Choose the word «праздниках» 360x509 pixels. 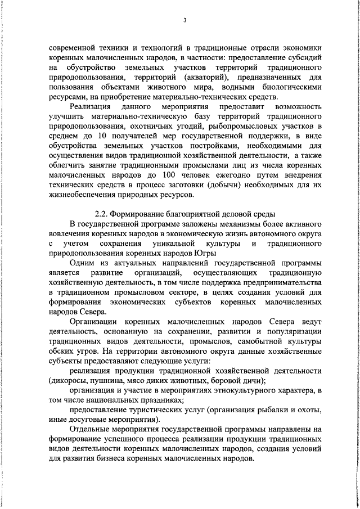pyautogui.click(x=157, y=400)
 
